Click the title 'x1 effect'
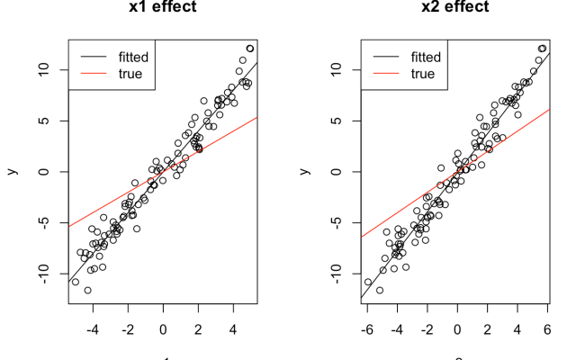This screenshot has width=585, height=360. pyautogui.click(x=163, y=8)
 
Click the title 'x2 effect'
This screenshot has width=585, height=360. pyautogui.click(x=455, y=8)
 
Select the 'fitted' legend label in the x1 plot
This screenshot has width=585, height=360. pyautogui.click(x=133, y=57)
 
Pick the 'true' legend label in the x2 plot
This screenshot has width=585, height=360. pyautogui.click(x=422, y=74)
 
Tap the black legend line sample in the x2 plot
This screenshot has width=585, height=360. pyautogui.click(x=386, y=57)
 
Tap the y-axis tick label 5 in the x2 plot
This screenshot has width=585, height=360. pyautogui.click(x=337, y=121)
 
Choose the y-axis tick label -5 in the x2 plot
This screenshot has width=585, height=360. pyautogui.click(x=337, y=222)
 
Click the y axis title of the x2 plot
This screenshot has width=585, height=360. pyautogui.click(x=305, y=170)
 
